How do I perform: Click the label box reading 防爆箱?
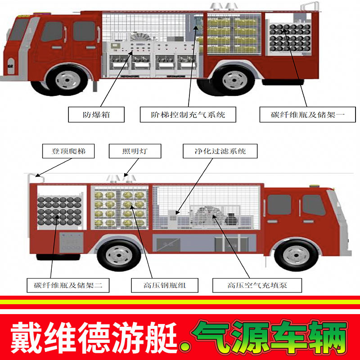pyautogui.click(x=96, y=114)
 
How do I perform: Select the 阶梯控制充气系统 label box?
pyautogui.click(x=188, y=114)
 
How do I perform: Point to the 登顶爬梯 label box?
pyautogui.click(x=69, y=151)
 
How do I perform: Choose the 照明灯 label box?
pyautogui.click(x=135, y=151)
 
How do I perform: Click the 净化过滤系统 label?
pyautogui.click(x=220, y=151)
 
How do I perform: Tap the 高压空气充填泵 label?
pyautogui.click(x=257, y=285)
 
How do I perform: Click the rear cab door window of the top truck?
pyautogui.click(x=85, y=31)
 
